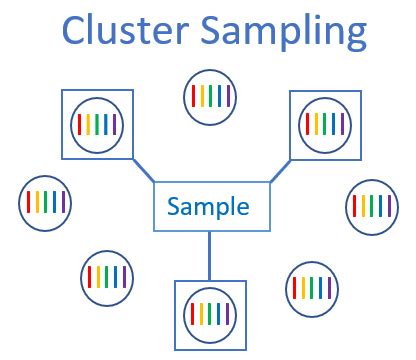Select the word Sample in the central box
coord(208,207)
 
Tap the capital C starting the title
coord(75,32)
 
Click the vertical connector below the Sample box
coord(209,255)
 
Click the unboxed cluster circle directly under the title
coord(210,97)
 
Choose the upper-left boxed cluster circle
coord(96,124)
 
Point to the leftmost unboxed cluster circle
coord(46,204)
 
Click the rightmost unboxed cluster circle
coord(372,207)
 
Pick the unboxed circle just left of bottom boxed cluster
coord(106,275)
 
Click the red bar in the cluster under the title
coord(191,97)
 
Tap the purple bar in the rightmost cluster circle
coord(390,207)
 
